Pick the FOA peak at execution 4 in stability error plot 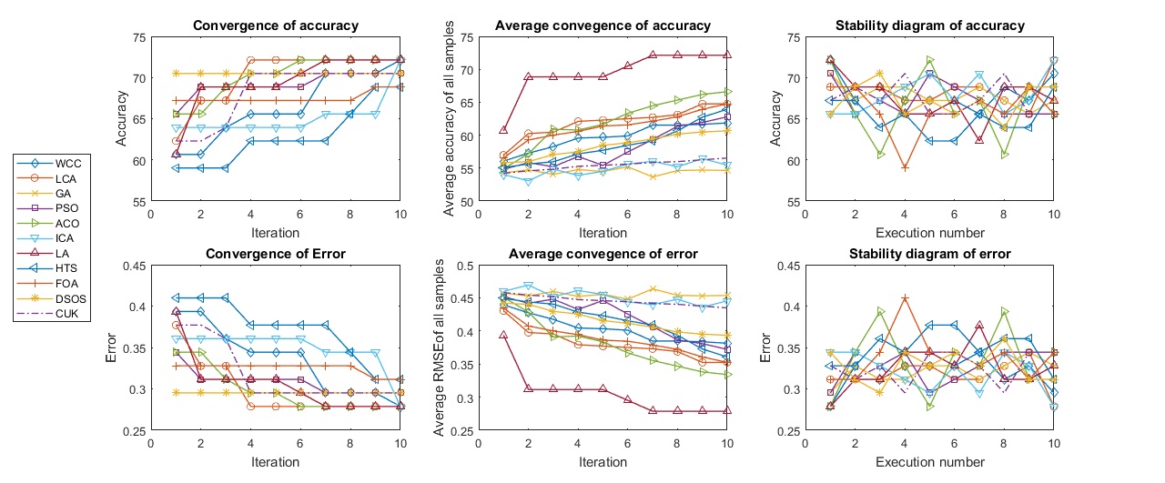point(906,297)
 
